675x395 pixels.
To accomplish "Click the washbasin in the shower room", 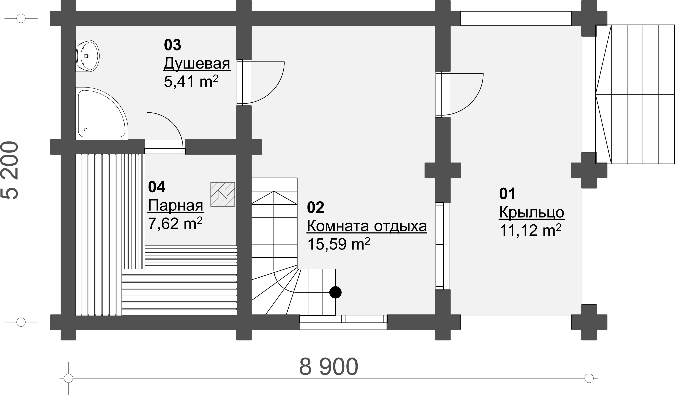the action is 88,56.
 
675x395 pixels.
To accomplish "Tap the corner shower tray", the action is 102,113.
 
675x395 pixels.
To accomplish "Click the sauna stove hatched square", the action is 223,194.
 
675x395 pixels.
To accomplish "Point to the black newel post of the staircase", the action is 335,292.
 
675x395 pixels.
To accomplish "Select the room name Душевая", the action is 197,64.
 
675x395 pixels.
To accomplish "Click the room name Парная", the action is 176,205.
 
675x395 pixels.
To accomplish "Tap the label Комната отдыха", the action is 367,226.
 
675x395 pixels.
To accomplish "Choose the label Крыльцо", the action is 532,213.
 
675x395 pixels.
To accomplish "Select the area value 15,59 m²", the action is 339,244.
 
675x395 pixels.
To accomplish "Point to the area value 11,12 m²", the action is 530,230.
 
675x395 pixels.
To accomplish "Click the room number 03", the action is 172,45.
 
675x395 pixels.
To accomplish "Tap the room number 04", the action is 157,187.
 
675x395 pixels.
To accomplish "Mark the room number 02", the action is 315,208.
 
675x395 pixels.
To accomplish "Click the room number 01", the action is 507,194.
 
